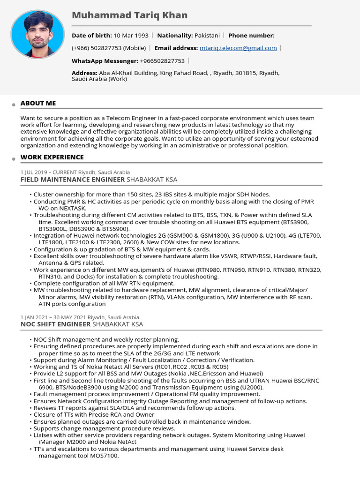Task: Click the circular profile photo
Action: click(x=37, y=34)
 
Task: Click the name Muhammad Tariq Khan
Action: click(x=129, y=15)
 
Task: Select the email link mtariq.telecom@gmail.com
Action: click(x=238, y=48)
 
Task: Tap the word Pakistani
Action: click(x=207, y=35)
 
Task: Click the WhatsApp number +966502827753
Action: click(x=162, y=61)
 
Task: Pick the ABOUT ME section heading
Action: click(x=38, y=103)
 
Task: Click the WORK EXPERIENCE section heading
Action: click(x=52, y=157)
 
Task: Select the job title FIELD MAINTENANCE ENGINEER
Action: click(x=73, y=180)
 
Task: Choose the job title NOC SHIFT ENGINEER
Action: click(x=55, y=324)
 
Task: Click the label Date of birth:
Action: click(x=91, y=35)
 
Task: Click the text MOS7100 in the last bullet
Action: click(x=104, y=456)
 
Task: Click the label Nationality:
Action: click(x=175, y=35)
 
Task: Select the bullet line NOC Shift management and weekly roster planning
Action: click(x=106, y=339)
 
